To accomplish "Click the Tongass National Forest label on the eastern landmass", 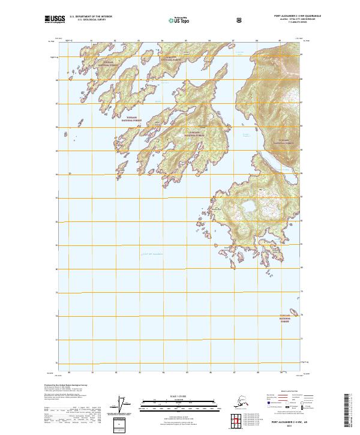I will pos(284,142).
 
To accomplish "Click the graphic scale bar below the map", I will pos(179,404).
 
